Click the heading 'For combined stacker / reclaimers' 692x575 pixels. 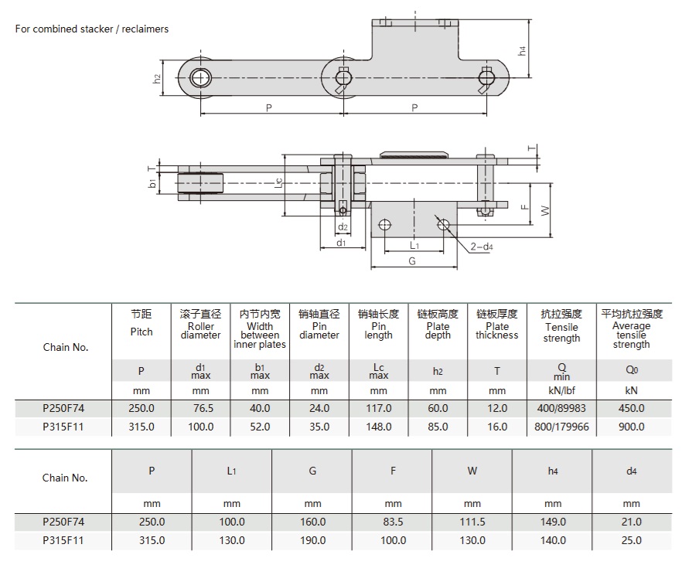pyautogui.click(x=92, y=29)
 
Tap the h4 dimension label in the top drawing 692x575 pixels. pyautogui.click(x=522, y=51)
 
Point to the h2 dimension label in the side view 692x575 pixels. pyautogui.click(x=156, y=79)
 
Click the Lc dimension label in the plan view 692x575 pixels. pyautogui.click(x=278, y=182)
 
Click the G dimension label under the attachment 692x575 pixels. pyautogui.click(x=411, y=261)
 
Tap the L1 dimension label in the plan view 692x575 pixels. pyautogui.click(x=414, y=245)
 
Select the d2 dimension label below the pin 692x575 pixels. pyautogui.click(x=343, y=226)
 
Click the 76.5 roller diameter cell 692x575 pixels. pyautogui.click(x=200, y=408)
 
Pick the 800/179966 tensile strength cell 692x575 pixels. pyautogui.click(x=561, y=427)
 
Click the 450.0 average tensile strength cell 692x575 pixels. pyautogui.click(x=631, y=408)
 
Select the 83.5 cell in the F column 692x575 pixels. pyautogui.click(x=392, y=522)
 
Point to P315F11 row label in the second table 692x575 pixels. pyautogui.click(x=63, y=540)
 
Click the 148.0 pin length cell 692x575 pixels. pyautogui.click(x=378, y=427)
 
